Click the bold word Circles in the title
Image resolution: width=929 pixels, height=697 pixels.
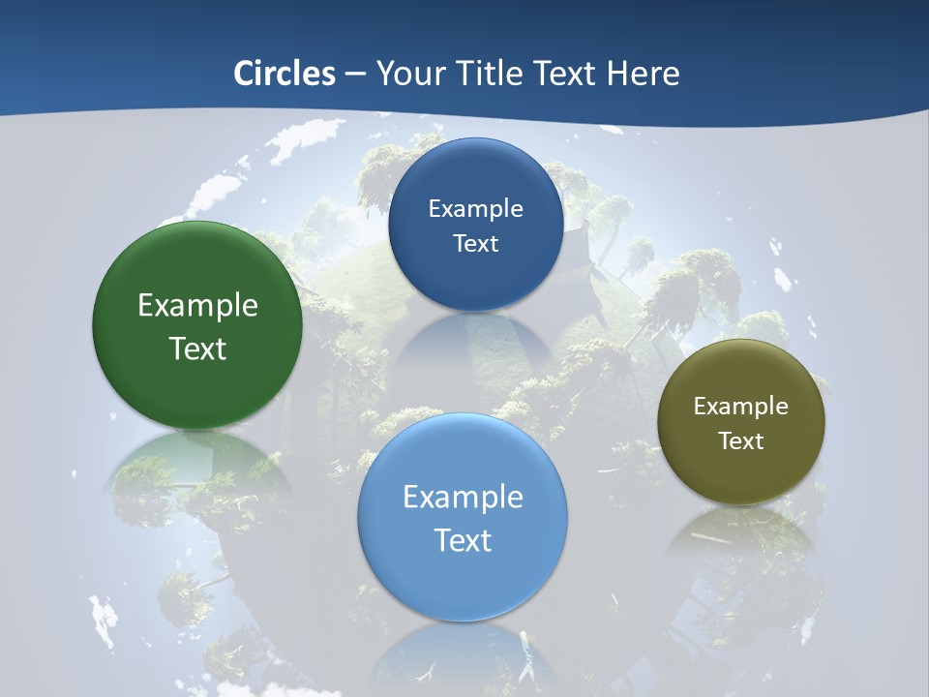285,74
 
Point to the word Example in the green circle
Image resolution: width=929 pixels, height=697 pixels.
197,306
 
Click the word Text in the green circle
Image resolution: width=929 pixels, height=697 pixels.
197,348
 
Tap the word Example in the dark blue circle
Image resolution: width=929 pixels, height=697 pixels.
475,209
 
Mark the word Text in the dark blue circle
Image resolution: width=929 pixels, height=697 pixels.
475,243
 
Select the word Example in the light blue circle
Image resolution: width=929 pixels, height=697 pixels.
463,498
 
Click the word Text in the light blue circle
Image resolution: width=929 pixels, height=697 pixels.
463,540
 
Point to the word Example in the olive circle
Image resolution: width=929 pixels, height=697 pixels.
741,407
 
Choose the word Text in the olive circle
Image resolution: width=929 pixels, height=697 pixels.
741,441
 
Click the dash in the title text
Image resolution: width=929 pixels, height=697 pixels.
355,75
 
